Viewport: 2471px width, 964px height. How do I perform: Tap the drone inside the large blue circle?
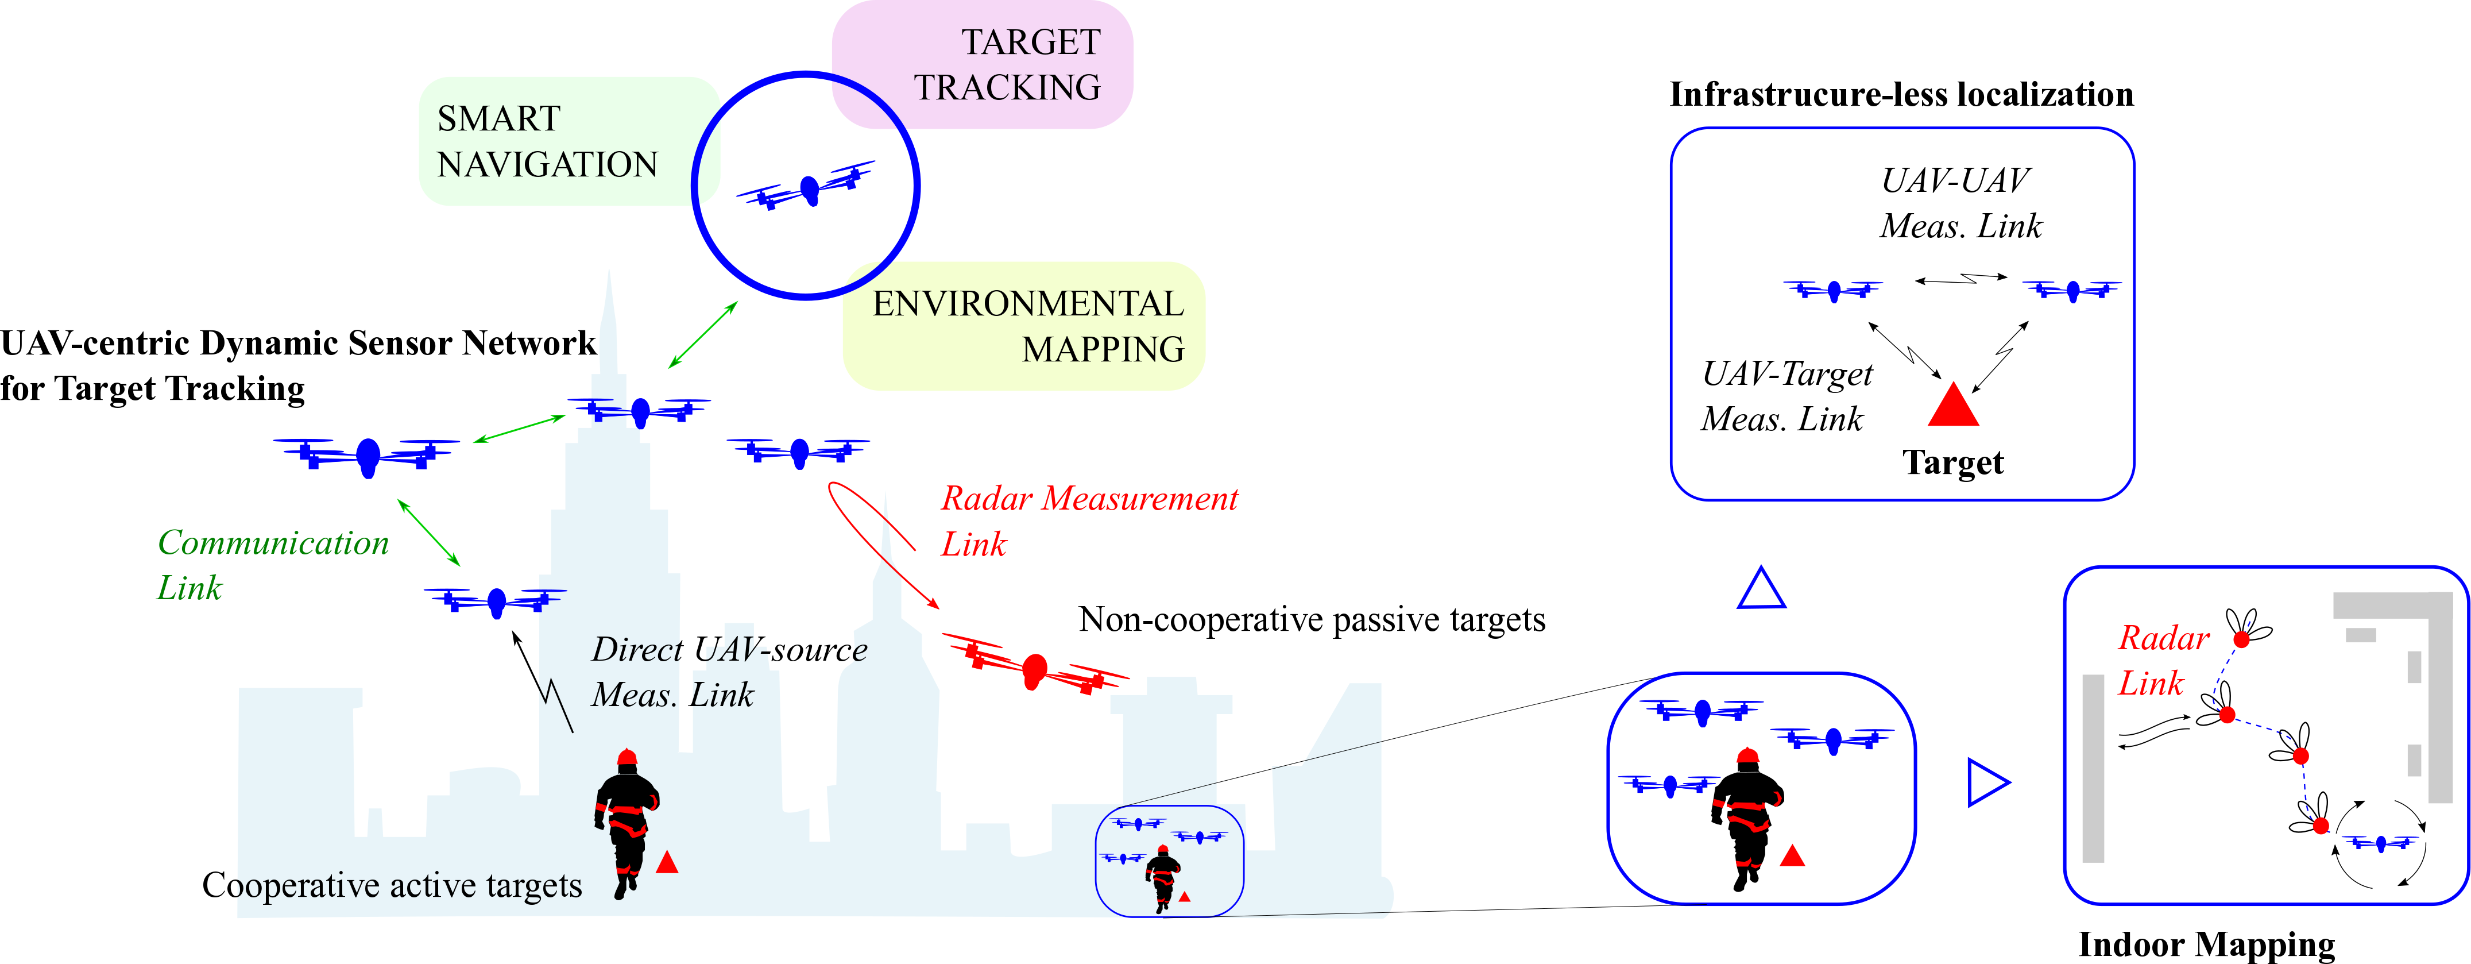coord(807,188)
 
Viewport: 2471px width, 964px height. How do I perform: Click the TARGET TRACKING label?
coord(1007,64)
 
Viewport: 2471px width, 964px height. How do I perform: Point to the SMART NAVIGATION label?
coord(547,141)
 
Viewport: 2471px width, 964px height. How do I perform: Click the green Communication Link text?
coord(272,565)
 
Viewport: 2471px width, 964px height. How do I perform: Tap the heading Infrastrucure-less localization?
coord(1901,94)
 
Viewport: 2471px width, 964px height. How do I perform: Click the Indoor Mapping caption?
coord(2206,944)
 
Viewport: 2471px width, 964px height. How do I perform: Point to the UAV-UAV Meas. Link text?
coord(1960,202)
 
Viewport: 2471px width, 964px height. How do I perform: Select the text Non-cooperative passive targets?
coord(1311,620)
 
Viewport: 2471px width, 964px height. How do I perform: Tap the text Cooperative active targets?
coord(392,884)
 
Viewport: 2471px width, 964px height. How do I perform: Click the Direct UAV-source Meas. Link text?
coord(728,672)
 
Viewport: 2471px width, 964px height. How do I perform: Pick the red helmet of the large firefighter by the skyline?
coord(627,757)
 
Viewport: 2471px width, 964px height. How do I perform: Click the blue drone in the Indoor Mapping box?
coord(2381,843)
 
